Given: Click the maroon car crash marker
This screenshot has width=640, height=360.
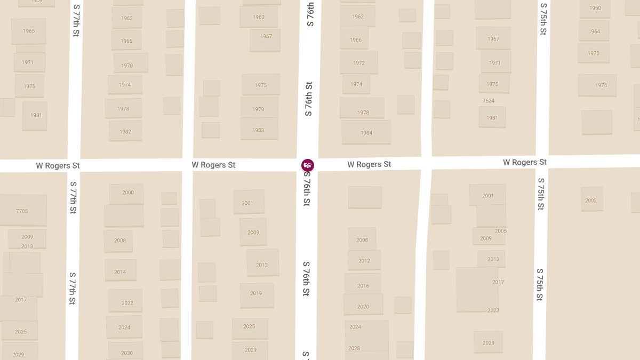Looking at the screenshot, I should [308, 165].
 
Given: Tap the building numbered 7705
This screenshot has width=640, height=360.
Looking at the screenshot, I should [22, 211].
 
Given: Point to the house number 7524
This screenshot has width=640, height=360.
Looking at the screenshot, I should [489, 101].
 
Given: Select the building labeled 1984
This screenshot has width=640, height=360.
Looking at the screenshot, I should [366, 132].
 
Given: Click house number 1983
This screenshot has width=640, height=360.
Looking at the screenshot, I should [259, 130].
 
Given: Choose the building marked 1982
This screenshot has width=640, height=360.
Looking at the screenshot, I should [125, 131].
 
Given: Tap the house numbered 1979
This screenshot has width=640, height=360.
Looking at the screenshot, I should [259, 109].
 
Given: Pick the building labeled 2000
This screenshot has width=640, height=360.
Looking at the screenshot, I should [127, 193].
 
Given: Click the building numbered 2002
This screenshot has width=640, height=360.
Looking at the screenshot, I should [591, 200].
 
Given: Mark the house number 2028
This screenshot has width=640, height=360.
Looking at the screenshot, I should [354, 348].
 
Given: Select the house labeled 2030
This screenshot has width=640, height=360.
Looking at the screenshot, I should [126, 353].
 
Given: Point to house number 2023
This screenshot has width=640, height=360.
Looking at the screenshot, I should [493, 310].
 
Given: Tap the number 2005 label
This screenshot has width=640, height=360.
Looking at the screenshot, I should [501, 231].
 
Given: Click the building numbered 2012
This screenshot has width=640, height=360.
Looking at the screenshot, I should [364, 261].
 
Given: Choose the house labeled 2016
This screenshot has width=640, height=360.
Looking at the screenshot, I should [363, 285].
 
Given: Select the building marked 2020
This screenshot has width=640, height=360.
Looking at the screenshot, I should [363, 306].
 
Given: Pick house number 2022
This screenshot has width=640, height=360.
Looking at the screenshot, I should [126, 302].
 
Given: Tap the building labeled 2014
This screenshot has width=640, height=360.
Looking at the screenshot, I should [121, 271].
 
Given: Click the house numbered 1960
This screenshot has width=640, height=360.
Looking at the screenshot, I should [595, 8].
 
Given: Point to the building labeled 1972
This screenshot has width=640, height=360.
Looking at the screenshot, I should [359, 63].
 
